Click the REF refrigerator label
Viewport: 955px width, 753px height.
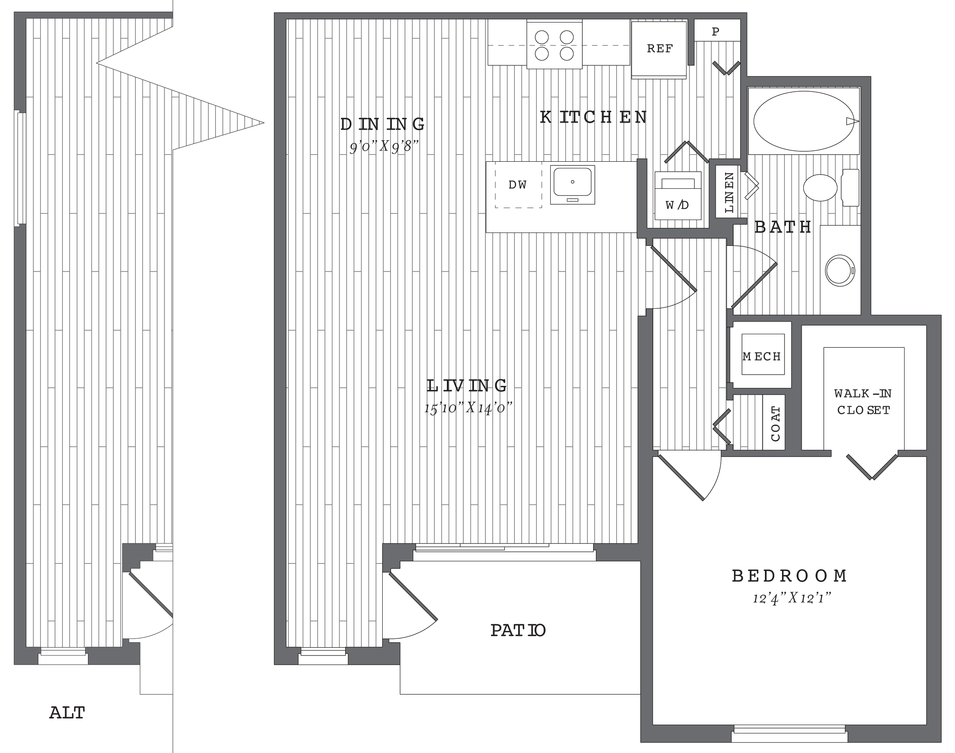[x=659, y=48]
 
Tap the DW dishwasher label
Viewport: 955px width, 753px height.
[x=518, y=185]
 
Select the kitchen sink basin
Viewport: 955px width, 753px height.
[x=572, y=182]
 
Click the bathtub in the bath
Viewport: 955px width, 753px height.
[x=803, y=121]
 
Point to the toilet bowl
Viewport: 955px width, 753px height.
[x=820, y=188]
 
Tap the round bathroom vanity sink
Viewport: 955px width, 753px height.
[x=840, y=270]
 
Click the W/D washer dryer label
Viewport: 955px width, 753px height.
[x=677, y=205]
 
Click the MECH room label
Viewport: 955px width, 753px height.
[x=762, y=356]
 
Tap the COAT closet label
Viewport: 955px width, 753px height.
[x=776, y=423]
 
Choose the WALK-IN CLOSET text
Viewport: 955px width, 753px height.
[x=863, y=402]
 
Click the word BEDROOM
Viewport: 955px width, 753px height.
[x=789, y=576]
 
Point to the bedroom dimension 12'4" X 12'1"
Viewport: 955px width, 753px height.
[x=792, y=598]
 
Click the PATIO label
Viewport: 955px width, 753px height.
[x=518, y=630]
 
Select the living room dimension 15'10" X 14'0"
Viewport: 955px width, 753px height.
[x=468, y=408]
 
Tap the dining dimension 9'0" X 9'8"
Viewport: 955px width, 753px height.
[x=384, y=146]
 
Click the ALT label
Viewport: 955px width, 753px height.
[x=67, y=713]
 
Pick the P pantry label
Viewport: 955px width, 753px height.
[x=716, y=31]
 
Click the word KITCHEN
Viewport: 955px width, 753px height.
[x=594, y=117]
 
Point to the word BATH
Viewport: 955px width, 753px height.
[x=782, y=227]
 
